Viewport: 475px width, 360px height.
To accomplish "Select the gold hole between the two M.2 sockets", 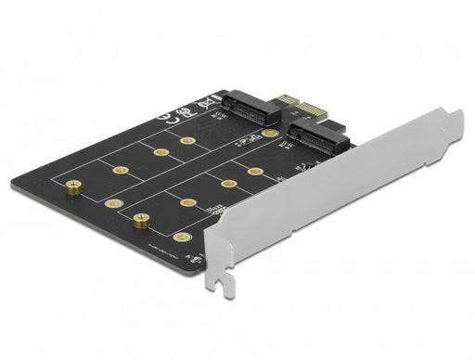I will pyautogui.click(x=269, y=134).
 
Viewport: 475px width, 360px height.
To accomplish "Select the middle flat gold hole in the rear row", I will pyautogui.click(x=160, y=151).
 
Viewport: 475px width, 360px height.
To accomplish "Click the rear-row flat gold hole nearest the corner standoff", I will pyautogui.click(x=120, y=169).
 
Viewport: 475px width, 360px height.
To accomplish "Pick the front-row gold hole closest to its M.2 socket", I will pyautogui.click(x=255, y=172).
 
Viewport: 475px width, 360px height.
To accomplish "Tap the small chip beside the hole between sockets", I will pyautogui.click(x=247, y=141).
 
